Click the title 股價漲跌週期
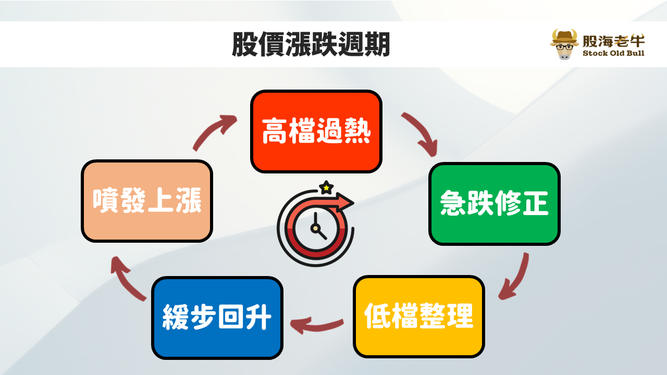311,44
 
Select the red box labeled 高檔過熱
316,131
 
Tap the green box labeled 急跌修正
495,204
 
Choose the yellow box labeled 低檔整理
418,316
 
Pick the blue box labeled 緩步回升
217,318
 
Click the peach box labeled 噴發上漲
147,201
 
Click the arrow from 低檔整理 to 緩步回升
316,327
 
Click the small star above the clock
326,187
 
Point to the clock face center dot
315,229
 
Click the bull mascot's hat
564,37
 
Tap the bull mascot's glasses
564,47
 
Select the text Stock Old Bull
613,53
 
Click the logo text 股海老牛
613,41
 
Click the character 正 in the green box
535,203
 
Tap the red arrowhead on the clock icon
345,202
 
